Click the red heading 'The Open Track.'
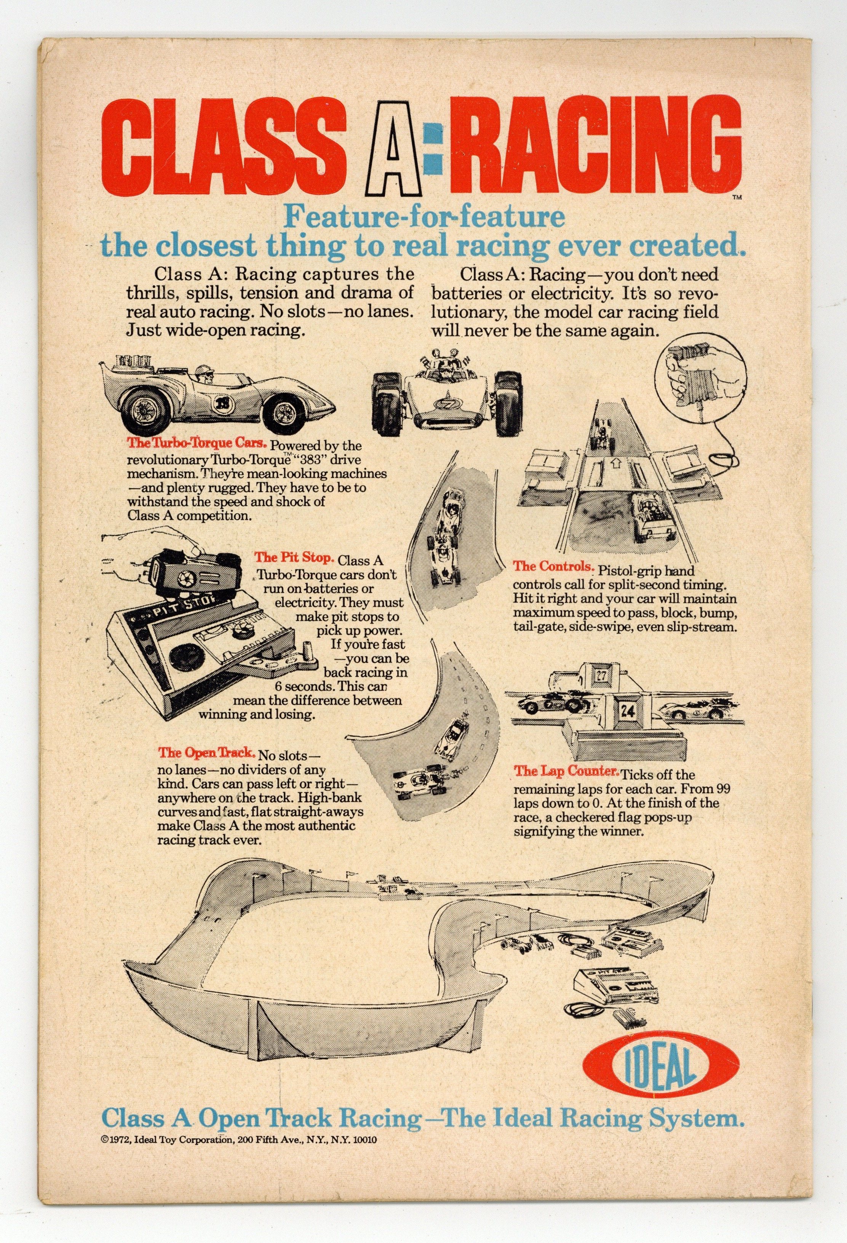[206, 753]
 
